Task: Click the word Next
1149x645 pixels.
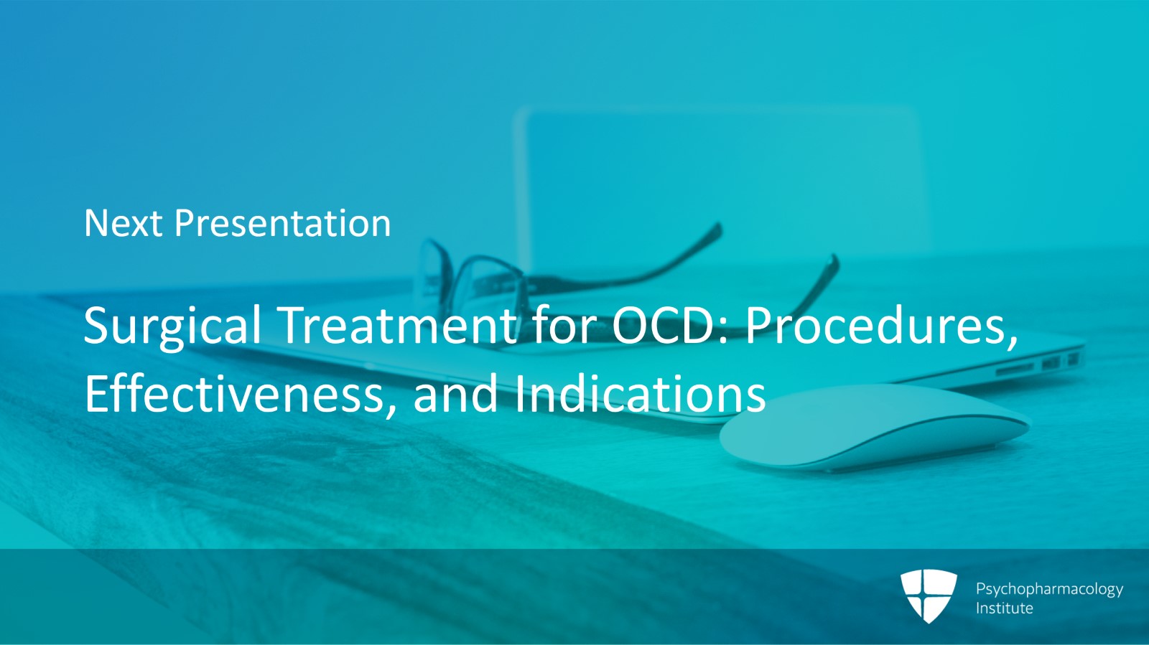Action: [123, 223]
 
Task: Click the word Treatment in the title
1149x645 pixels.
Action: [399, 325]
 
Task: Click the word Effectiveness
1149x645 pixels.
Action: [234, 394]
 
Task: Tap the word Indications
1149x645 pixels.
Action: [640, 394]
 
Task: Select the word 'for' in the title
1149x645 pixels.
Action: [564, 325]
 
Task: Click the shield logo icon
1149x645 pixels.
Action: [929, 595]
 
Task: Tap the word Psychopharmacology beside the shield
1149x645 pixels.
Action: [1049, 589]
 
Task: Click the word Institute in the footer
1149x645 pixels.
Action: [1004, 608]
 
